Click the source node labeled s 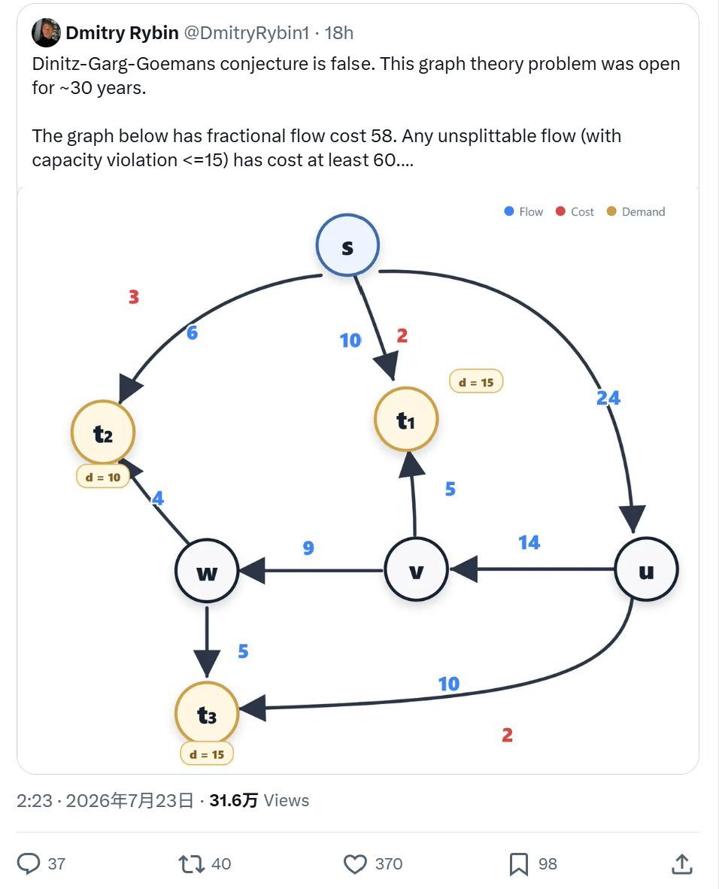[x=347, y=245]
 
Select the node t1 [x=406, y=420]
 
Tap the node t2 [x=102, y=433]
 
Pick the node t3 [x=207, y=714]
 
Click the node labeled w [x=207, y=571]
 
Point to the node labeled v [x=416, y=569]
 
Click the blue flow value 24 [x=608, y=398]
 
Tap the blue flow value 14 [x=529, y=542]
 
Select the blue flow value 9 [x=308, y=548]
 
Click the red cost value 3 [x=134, y=296]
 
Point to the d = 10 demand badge [x=102, y=478]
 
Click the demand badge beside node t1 [x=476, y=382]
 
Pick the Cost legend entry [x=575, y=211]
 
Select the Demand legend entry [x=636, y=211]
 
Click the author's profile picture [x=47, y=32]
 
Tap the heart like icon [x=356, y=863]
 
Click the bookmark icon [x=518, y=864]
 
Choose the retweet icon [x=191, y=864]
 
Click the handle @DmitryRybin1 [x=247, y=33]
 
